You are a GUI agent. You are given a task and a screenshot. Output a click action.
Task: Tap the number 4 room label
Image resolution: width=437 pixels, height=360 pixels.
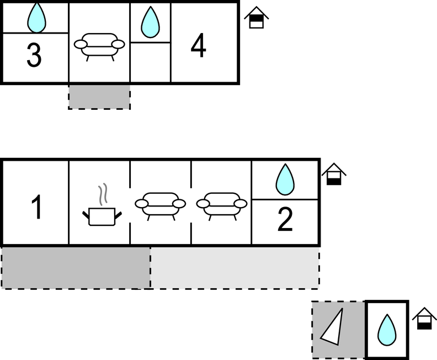pyautogui.click(x=199, y=46)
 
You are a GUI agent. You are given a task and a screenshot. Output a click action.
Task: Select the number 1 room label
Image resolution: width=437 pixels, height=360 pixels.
pyautogui.click(x=36, y=208)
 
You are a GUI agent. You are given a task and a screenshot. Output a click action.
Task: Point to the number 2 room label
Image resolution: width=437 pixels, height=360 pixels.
pyautogui.click(x=285, y=220)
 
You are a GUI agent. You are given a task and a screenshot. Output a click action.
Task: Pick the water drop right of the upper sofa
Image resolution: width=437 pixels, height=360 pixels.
pyautogui.click(x=150, y=22)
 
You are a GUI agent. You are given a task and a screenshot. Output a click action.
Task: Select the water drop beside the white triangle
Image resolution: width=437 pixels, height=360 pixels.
pyautogui.click(x=387, y=330)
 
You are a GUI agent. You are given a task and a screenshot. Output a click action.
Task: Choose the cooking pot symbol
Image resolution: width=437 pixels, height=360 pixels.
pyautogui.click(x=102, y=216)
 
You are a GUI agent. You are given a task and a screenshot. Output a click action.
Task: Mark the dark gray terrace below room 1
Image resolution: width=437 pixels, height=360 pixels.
pyautogui.click(x=76, y=267)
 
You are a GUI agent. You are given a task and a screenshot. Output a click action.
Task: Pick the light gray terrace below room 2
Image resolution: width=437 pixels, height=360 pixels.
pyautogui.click(x=235, y=267)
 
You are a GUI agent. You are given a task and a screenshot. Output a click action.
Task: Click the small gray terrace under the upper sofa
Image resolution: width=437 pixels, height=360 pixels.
pyautogui.click(x=99, y=97)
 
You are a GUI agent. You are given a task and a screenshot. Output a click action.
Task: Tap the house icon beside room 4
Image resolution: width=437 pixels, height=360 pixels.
pyautogui.click(x=257, y=18)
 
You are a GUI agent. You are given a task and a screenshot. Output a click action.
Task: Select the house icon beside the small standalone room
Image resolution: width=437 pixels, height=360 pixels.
pyautogui.click(x=423, y=319)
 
